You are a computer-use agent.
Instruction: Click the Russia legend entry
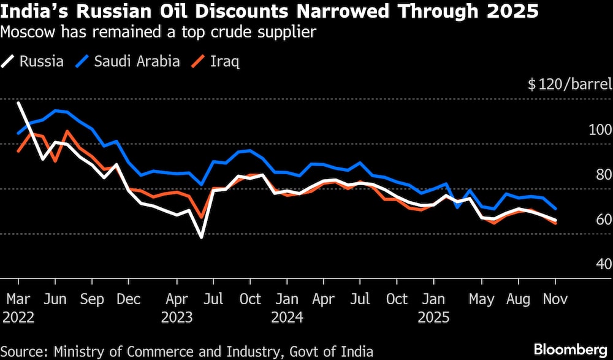(34, 61)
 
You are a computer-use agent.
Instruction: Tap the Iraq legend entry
(216, 61)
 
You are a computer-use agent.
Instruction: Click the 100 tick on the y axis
(600, 130)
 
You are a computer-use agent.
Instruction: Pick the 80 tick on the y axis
(603, 175)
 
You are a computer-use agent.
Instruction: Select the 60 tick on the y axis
(603, 220)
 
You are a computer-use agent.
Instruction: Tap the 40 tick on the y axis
(603, 264)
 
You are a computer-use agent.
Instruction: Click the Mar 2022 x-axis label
(18, 308)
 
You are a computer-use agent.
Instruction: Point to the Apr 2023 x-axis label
(177, 308)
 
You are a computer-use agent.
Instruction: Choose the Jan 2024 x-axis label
(287, 308)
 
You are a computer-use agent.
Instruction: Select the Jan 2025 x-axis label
(434, 308)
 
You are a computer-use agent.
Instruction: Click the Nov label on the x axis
(555, 299)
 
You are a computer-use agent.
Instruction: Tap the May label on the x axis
(482, 299)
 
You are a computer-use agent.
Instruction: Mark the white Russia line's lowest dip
(201, 237)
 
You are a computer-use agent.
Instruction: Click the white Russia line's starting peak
(18, 103)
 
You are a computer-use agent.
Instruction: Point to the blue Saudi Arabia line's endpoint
(555, 209)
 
